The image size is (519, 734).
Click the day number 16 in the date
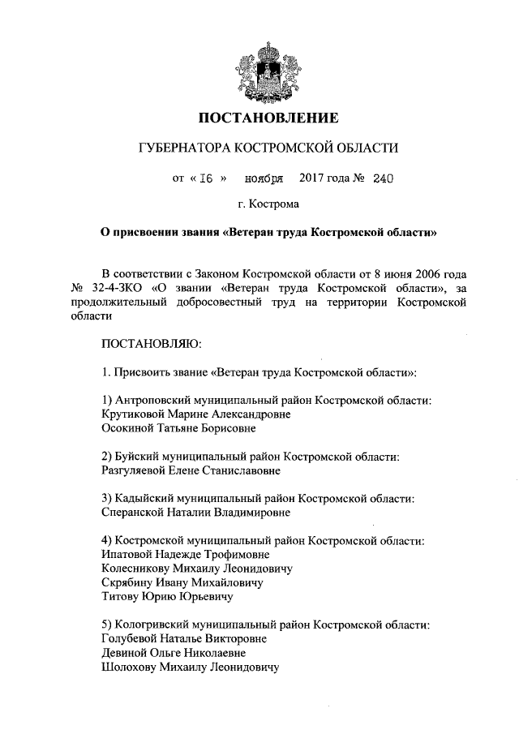click(x=204, y=178)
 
